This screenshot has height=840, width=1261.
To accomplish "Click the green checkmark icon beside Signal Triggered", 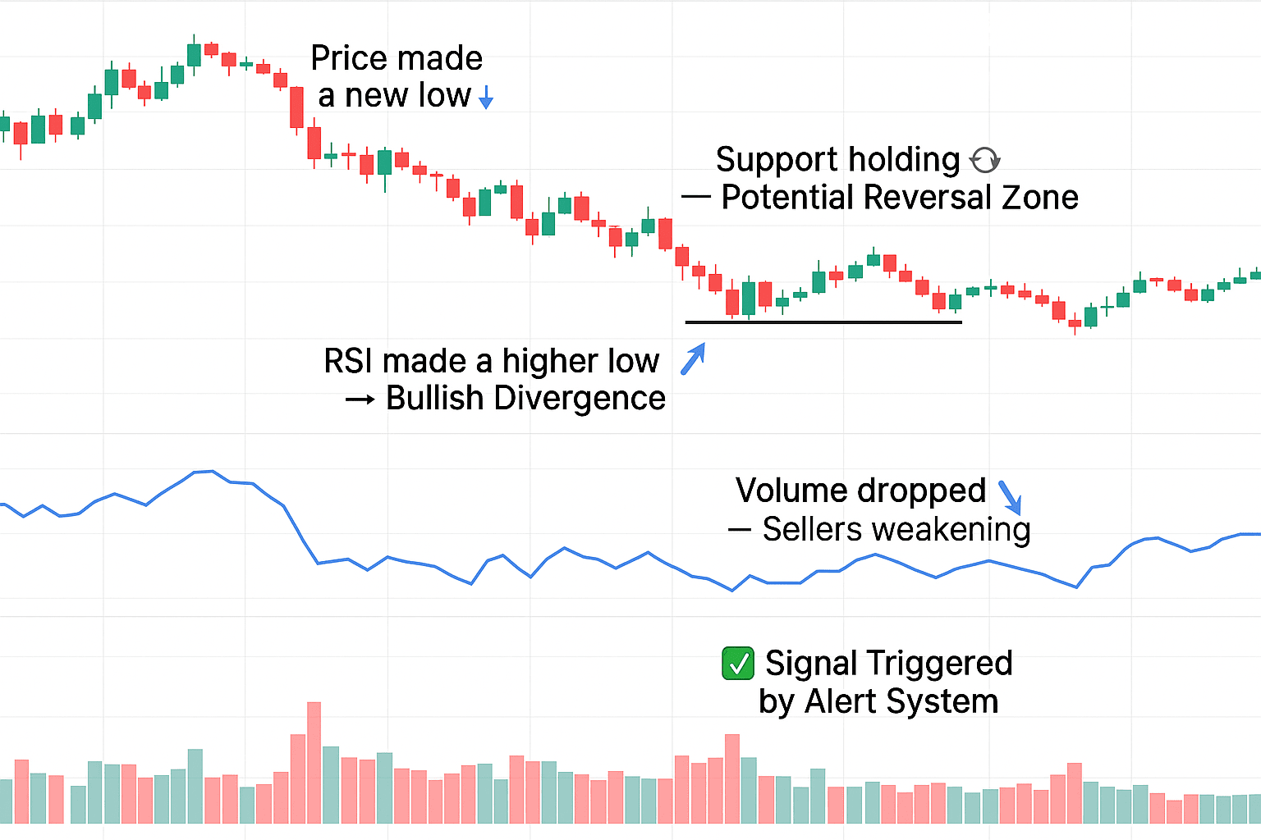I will click(737, 664).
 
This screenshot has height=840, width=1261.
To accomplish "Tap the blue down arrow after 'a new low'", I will click(486, 98).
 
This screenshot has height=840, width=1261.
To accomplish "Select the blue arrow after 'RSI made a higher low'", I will click(693, 359).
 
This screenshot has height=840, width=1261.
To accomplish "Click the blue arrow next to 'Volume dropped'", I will click(1010, 497).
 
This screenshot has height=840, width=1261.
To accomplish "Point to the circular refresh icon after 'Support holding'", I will click(984, 160).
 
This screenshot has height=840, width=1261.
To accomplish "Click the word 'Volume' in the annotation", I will click(787, 491).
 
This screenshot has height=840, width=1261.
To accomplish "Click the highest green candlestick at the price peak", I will click(195, 55).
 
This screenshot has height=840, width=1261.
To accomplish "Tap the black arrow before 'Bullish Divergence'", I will click(360, 400).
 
